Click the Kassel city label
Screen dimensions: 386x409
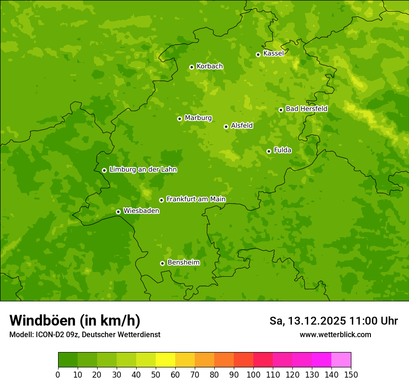(x=273, y=53)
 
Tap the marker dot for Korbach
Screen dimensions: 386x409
(x=191, y=67)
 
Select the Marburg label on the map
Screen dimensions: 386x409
(x=198, y=118)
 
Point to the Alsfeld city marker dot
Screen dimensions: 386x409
(x=226, y=126)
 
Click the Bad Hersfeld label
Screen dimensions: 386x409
(x=306, y=109)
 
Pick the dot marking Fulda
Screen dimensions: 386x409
(x=269, y=151)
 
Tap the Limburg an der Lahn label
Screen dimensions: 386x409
(x=143, y=170)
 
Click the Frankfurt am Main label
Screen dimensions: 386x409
(x=196, y=200)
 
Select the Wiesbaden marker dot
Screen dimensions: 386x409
(x=118, y=212)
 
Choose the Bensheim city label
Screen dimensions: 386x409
(x=183, y=263)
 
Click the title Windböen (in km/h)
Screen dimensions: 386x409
(x=75, y=320)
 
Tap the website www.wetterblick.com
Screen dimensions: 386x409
(x=335, y=334)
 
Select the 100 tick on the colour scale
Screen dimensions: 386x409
(x=253, y=375)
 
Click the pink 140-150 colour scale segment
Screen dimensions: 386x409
(x=341, y=360)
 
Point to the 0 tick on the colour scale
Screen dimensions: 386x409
(x=58, y=375)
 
